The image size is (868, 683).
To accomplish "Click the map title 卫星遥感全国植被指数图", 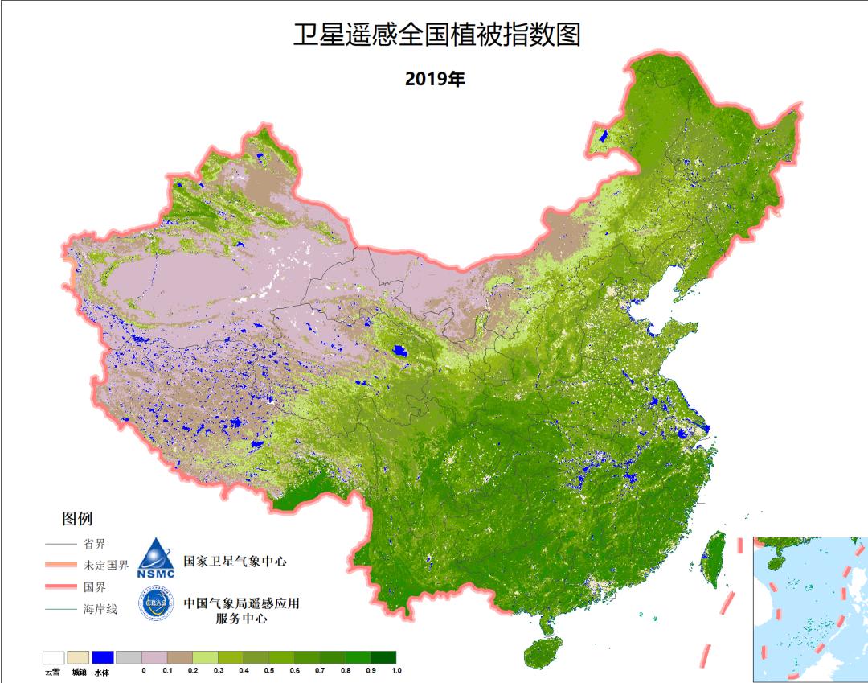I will point(436,35).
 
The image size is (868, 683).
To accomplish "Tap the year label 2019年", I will point(435,79).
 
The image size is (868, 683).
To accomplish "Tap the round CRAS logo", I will point(156,606).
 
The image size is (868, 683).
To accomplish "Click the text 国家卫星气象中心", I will point(235,561).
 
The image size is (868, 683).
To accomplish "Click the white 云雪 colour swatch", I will point(54,657).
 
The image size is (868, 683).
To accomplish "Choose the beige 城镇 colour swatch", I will point(79,657).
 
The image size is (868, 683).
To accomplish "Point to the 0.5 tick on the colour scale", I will point(269,670).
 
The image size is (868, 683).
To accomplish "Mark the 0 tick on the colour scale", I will point(143,670).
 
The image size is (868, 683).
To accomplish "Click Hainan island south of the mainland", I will point(542,653).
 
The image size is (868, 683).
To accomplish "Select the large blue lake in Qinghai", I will point(399,352).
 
